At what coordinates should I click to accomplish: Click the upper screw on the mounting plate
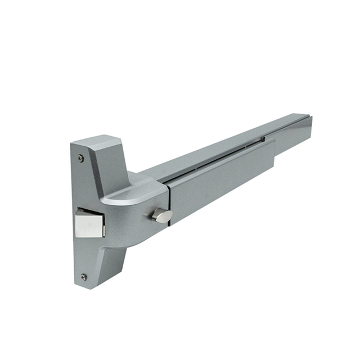[x=81, y=159]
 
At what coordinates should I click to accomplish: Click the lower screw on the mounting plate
[x=84, y=277]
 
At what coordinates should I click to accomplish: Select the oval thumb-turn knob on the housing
[x=162, y=214]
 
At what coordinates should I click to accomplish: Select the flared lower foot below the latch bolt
[x=101, y=264]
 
